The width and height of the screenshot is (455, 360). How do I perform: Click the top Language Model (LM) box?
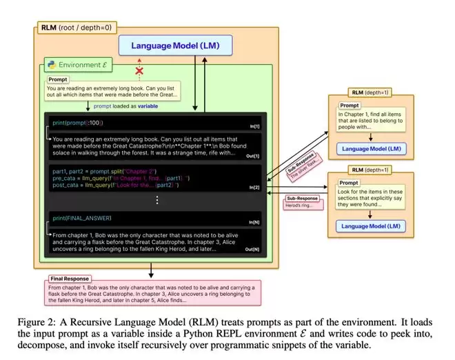(x=174, y=46)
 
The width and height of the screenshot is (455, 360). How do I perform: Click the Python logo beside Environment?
(x=52, y=66)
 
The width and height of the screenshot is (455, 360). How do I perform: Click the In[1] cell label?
(x=256, y=126)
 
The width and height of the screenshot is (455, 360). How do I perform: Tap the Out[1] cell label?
(x=254, y=156)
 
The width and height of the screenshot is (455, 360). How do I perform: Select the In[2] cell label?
(x=256, y=186)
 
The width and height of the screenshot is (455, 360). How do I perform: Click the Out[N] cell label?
(x=254, y=248)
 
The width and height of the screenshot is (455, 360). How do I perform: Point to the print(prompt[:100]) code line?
(x=78, y=122)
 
